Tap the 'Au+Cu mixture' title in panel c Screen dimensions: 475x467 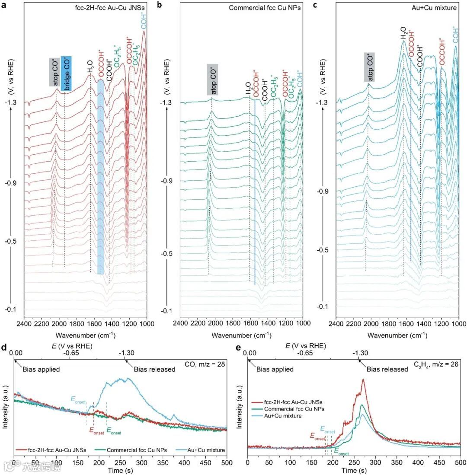tap(437, 7)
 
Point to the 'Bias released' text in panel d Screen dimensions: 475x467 tap(154, 370)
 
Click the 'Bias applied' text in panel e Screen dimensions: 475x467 tap(275, 370)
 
